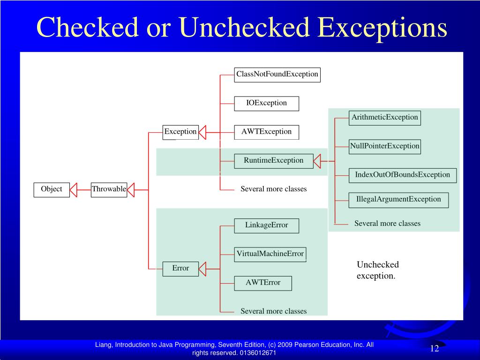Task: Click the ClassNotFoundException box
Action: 277,75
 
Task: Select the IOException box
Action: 266,103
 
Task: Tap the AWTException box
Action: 266,132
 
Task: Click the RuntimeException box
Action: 273,160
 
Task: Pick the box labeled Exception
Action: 180,132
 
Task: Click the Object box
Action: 52,189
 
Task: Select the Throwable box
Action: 109,189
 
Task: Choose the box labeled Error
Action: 180,269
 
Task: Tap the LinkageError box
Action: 266,225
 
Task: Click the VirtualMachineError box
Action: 270,254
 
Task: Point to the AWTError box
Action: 263,283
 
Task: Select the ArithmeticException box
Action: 385,118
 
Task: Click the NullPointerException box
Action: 385,146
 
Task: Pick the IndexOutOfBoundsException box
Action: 402,175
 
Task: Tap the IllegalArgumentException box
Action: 398,200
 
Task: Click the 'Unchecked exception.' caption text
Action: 377,270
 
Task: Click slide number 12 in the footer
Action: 435,348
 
